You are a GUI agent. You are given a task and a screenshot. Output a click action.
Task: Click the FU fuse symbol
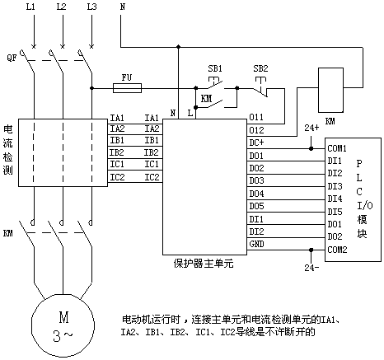128,88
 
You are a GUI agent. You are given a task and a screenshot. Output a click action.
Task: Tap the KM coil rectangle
330,90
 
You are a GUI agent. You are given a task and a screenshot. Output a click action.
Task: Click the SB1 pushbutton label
215,68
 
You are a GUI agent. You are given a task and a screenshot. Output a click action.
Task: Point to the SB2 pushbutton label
260,68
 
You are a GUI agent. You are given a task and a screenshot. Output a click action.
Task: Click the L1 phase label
30,7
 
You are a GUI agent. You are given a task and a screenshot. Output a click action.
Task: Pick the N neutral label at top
123,7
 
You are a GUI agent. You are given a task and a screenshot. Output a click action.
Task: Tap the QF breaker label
12,58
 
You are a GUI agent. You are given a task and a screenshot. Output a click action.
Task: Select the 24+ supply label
311,128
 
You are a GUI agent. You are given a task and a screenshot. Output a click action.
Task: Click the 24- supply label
311,268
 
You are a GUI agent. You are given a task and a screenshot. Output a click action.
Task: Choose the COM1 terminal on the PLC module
337,148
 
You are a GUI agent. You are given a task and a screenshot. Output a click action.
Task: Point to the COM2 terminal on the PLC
337,250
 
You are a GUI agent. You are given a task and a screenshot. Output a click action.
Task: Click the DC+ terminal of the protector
256,143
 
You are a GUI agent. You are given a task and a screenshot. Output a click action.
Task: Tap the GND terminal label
256,244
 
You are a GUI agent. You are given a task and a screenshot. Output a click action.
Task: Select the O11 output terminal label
256,117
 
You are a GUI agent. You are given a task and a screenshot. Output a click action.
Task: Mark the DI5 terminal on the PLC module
335,212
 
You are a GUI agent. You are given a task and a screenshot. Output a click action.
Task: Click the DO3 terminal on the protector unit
256,180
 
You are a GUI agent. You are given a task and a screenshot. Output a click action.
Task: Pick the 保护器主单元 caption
204,264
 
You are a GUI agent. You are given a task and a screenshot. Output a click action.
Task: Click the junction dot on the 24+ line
311,148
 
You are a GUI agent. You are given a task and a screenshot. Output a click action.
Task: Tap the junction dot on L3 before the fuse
91,88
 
